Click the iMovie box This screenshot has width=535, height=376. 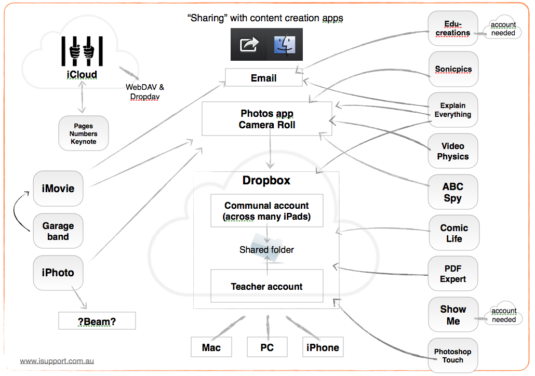[x=58, y=189]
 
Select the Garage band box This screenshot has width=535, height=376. [x=58, y=231]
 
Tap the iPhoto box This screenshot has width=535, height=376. [x=58, y=273]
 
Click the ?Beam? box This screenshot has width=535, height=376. [x=97, y=321]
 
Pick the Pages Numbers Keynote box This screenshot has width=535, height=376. [x=84, y=133]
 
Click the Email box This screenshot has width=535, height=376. [x=263, y=78]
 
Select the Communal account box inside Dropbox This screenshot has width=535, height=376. [x=266, y=211]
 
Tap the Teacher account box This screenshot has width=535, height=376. [x=266, y=286]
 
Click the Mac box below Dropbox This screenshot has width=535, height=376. [x=211, y=347]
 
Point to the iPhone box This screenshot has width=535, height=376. [x=323, y=347]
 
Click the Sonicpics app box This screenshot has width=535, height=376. [x=453, y=69]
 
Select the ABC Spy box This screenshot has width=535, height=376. [x=453, y=192]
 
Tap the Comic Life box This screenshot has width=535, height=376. [x=453, y=233]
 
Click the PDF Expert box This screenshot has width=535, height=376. [x=453, y=273]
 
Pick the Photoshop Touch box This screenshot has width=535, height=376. [x=453, y=356]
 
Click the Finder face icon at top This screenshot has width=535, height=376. [x=285, y=45]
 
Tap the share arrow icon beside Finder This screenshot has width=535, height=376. [x=249, y=45]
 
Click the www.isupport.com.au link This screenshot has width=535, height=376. [x=57, y=361]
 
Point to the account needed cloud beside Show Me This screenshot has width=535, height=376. [x=503, y=315]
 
